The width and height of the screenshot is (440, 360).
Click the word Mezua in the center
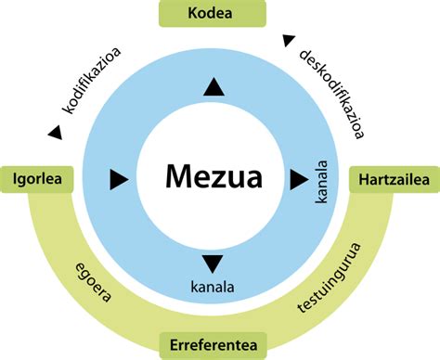tap(214, 175)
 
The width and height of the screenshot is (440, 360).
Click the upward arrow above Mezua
tap(214, 87)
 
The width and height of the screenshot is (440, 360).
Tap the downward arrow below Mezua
tap(214, 263)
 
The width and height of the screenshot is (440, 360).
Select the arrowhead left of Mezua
tap(118, 176)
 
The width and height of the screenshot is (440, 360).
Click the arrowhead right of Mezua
tap(299, 175)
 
